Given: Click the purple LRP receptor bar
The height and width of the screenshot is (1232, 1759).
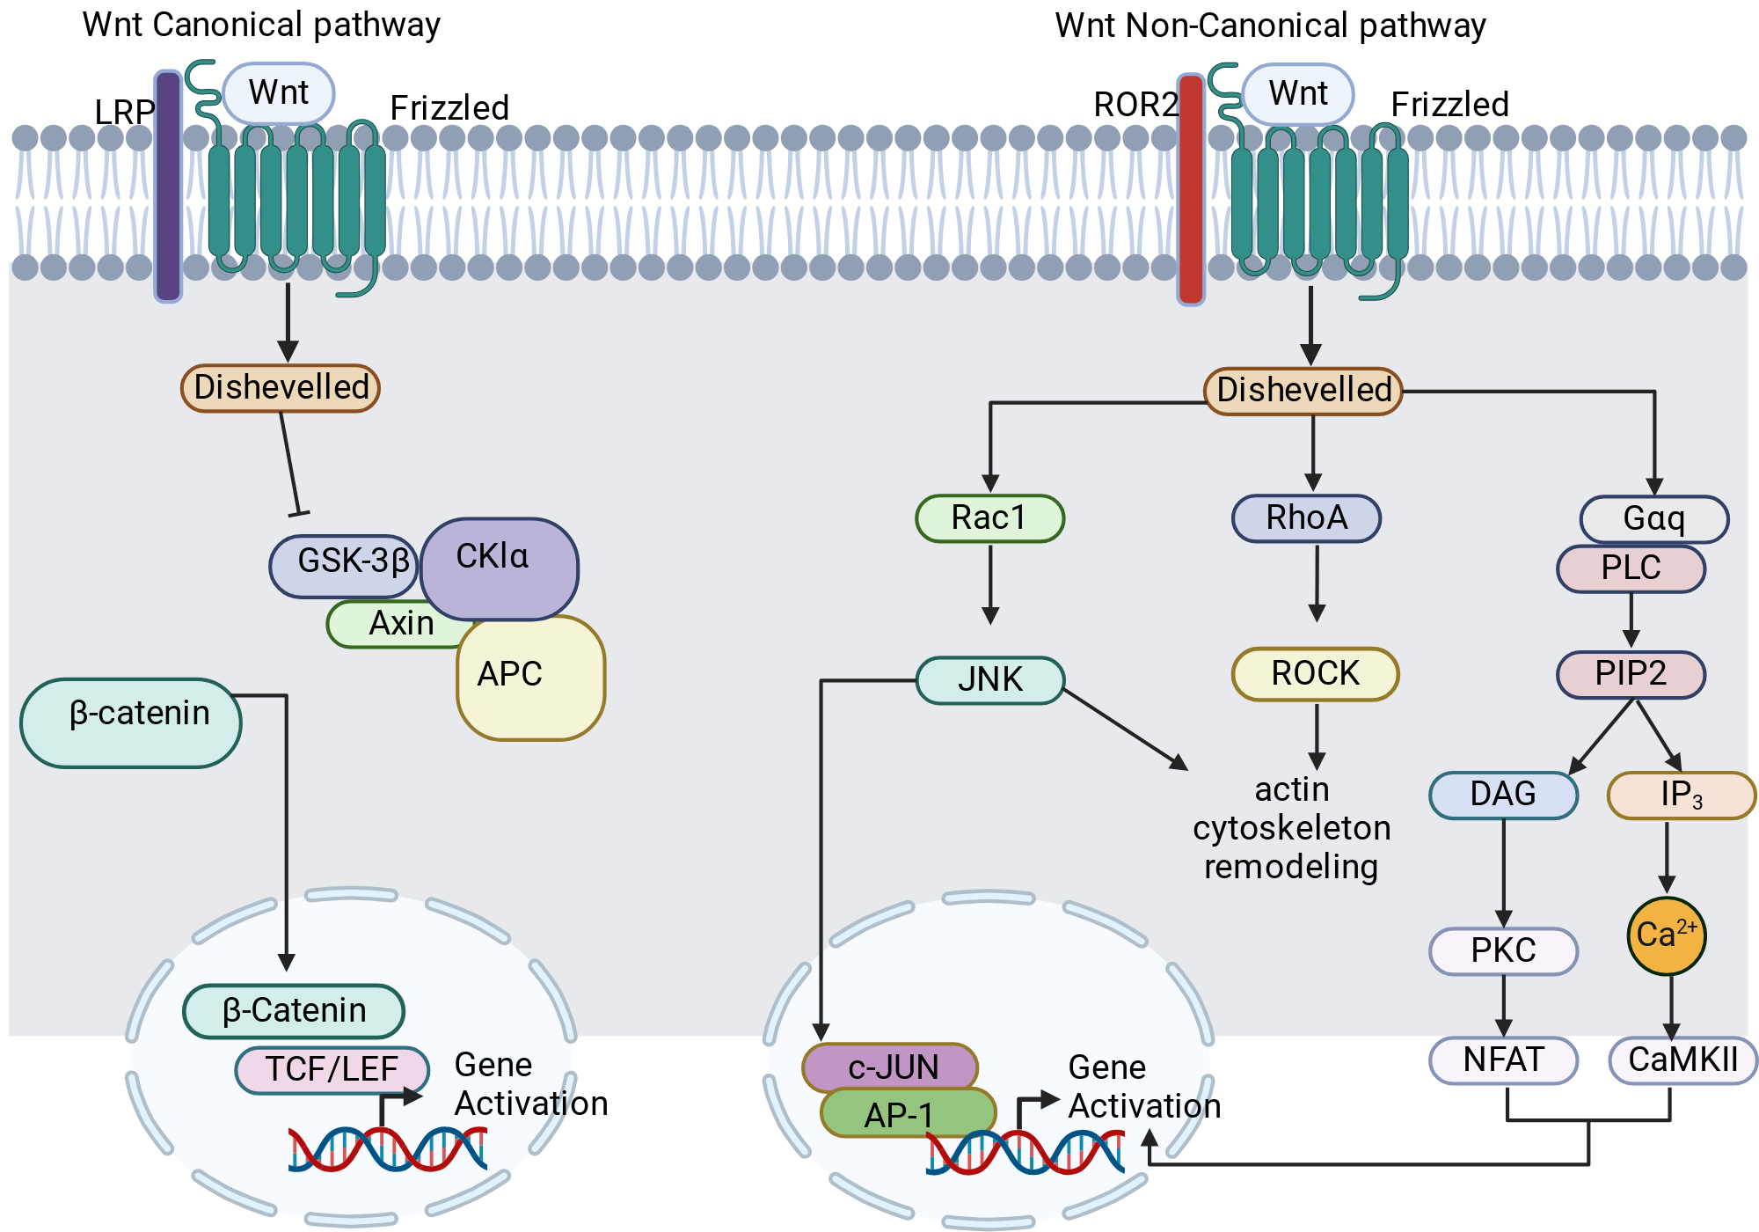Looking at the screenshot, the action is click(x=168, y=187).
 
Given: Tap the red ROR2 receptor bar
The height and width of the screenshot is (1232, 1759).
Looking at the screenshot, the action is click(x=1191, y=189).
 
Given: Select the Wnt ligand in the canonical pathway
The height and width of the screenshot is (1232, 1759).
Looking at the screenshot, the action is click(x=279, y=92).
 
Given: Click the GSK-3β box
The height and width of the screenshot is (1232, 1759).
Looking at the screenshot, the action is click(x=344, y=566).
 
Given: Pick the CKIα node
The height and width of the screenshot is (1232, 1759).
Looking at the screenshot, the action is click(x=500, y=568).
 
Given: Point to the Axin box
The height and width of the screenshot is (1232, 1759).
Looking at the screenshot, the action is click(x=398, y=624).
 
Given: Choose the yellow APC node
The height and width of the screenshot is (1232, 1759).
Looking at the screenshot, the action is click(x=531, y=678).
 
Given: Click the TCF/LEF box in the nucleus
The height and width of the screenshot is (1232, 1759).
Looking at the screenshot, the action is click(x=332, y=1069).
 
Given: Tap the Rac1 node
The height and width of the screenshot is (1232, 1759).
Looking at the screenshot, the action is click(x=990, y=518).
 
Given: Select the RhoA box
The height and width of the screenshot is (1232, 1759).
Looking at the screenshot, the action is click(x=1307, y=518).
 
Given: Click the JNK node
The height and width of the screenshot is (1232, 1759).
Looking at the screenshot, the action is click(x=990, y=680).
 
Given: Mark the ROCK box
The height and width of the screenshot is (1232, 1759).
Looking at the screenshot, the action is click(x=1316, y=674).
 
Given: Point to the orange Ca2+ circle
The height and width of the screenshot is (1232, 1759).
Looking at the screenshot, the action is click(x=1667, y=935).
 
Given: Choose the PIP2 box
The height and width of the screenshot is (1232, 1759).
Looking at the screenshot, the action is click(x=1631, y=674).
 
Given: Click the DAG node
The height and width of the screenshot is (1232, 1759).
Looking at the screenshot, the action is click(x=1504, y=795).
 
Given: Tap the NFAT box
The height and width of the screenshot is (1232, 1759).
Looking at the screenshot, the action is click(x=1504, y=1060).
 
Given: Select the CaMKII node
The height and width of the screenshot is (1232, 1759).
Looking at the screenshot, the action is click(x=1683, y=1060).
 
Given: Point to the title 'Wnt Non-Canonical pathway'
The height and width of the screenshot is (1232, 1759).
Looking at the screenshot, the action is click(x=1270, y=26).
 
